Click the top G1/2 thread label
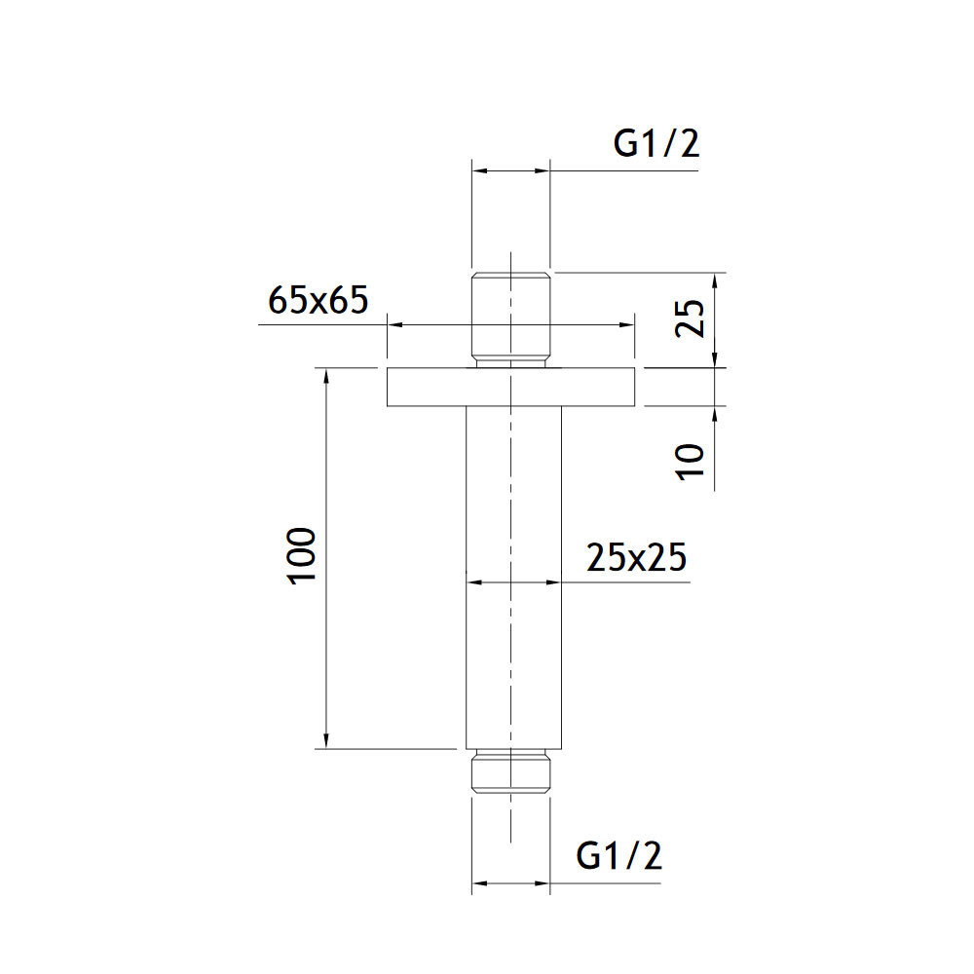coord(656,145)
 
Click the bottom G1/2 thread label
coord(618,856)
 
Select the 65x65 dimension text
coord(318,300)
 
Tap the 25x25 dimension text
coord(637,557)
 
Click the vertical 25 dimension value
coord(691,318)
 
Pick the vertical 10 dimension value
coord(691,462)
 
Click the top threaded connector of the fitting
coord(510,319)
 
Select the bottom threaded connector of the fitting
coord(510,771)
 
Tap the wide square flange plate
coord(510,387)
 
